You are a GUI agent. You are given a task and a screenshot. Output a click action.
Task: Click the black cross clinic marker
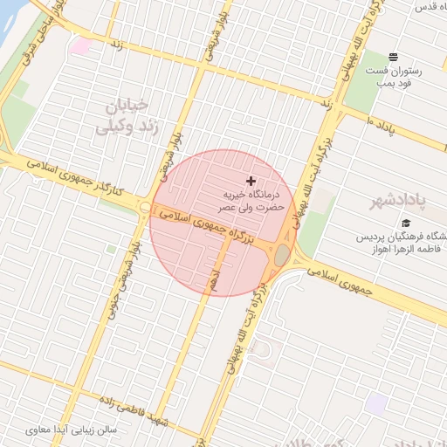[251, 180]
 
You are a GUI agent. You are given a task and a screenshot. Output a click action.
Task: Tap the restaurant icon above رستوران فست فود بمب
[393, 57]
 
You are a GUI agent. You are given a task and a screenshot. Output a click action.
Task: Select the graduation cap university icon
[405, 223]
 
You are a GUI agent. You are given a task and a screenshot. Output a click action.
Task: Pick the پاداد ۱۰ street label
[382, 125]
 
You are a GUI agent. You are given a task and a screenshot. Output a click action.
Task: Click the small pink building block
[81, 45]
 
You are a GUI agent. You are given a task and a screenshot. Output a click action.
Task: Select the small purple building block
[376, 403]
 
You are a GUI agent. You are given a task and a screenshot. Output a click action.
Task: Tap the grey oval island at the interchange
[282, 256]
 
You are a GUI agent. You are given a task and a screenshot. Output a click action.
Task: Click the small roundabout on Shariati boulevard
[144, 207]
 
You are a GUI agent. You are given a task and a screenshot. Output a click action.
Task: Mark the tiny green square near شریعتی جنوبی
[111, 249]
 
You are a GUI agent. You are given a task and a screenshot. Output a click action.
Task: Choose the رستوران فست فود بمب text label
[393, 77]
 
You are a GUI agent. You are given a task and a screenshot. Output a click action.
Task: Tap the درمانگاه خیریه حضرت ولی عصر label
[226, 198]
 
